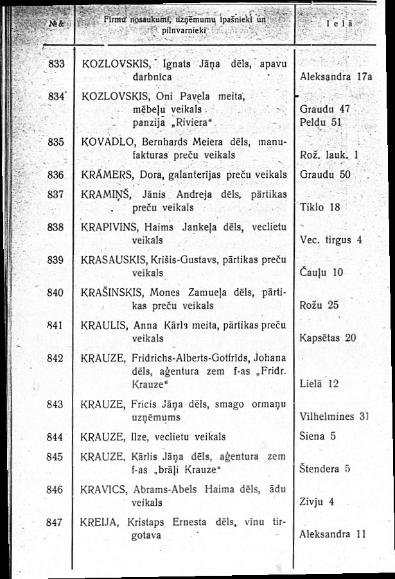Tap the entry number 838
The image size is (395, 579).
pyautogui.click(x=57, y=227)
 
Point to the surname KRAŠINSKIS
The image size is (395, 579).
pyautogui.click(x=110, y=293)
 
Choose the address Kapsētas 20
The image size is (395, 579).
pyautogui.click(x=328, y=337)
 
